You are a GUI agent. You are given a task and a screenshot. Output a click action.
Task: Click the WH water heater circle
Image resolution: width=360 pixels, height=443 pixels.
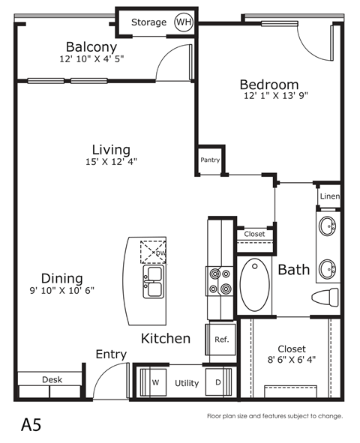(183, 22)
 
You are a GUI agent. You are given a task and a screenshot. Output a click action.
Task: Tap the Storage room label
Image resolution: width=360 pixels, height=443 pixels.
(148, 22)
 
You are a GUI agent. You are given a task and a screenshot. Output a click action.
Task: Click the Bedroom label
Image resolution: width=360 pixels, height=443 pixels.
(268, 84)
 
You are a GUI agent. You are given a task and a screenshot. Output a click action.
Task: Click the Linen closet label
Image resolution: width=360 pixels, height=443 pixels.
(330, 197)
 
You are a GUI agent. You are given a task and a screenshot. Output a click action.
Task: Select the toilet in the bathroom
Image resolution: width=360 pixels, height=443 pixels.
(324, 298)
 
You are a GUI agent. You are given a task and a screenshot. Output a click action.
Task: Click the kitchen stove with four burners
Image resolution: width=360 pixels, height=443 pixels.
(220, 281)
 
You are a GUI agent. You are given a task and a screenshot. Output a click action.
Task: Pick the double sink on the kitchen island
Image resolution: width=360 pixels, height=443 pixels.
(153, 283)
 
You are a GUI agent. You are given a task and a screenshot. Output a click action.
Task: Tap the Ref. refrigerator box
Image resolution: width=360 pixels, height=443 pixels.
(221, 339)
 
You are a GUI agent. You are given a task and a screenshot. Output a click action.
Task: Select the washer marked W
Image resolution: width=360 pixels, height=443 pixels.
(156, 383)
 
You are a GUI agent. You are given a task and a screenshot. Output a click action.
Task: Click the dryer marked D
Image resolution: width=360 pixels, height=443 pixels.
(217, 383)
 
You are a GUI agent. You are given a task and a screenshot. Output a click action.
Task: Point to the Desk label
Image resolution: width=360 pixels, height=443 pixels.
(51, 380)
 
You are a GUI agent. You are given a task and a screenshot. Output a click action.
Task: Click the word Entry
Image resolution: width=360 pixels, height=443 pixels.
(111, 355)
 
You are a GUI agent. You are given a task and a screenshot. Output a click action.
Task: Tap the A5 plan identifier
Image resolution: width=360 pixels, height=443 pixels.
(31, 425)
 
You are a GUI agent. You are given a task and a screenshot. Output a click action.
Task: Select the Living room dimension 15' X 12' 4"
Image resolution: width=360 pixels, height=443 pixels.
(111, 161)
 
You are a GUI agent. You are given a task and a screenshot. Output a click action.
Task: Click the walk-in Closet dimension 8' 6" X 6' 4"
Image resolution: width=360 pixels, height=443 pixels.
(291, 359)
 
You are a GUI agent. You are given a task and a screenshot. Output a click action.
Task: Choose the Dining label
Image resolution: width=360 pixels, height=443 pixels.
(62, 277)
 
